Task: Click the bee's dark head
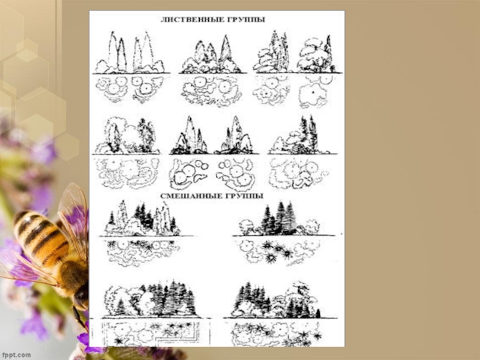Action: (x=81, y=296)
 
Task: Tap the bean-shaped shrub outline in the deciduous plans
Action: (x=200, y=177)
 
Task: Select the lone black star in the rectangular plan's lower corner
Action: (x=118, y=340)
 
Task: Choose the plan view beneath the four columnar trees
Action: (x=130, y=89)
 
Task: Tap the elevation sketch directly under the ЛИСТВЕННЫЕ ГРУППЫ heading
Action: (x=213, y=55)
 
